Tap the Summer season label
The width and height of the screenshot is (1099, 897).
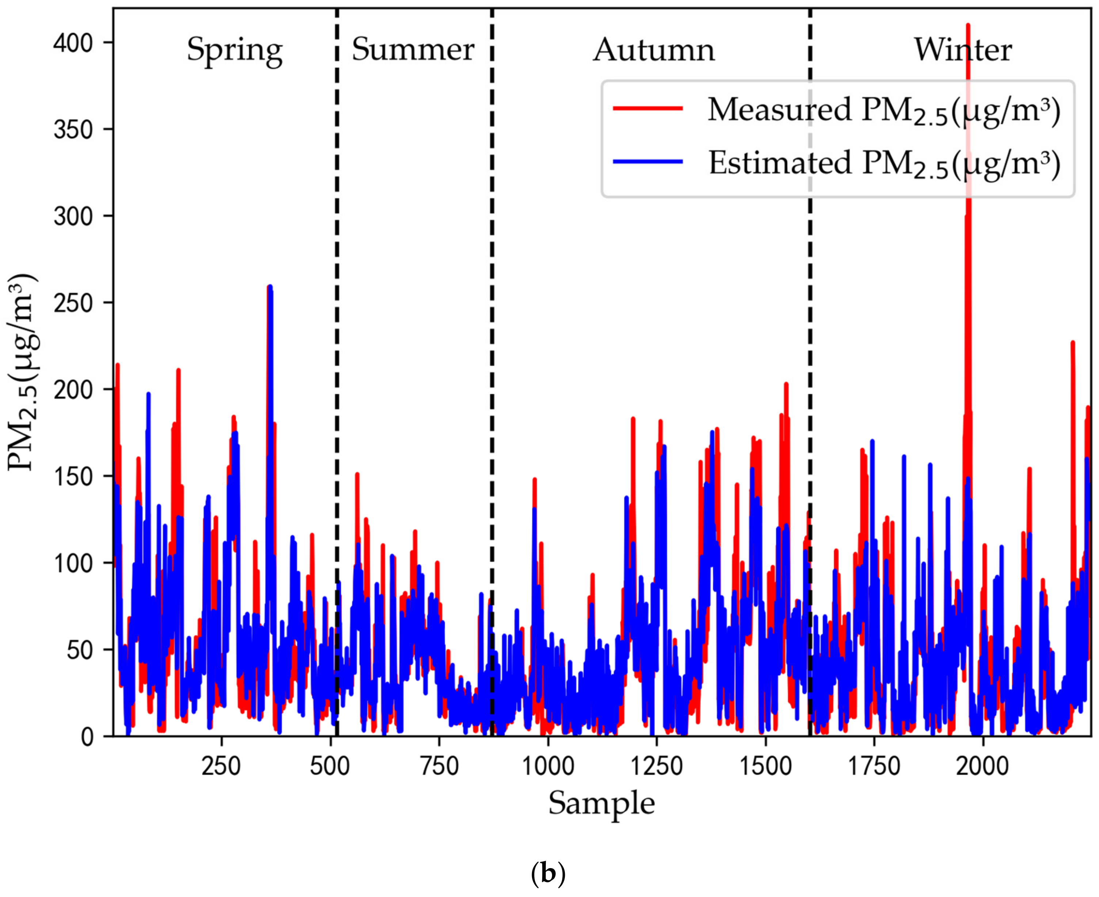click(412, 50)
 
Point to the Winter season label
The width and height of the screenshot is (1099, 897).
click(962, 50)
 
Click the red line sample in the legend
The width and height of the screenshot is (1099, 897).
click(648, 108)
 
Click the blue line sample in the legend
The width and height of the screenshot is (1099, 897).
click(648, 162)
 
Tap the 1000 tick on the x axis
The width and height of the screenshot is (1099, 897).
click(547, 766)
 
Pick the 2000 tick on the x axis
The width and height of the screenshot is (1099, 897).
click(982, 766)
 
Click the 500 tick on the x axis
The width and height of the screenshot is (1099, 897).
click(330, 766)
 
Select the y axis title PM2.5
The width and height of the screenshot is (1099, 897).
click(23, 372)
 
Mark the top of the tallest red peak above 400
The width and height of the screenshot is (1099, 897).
click(968, 25)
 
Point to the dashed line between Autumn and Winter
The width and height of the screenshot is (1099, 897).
click(810, 362)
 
